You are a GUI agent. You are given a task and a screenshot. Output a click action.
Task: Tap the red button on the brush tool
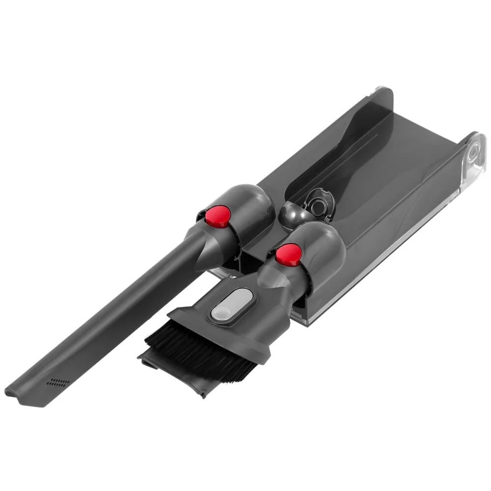point(288,253)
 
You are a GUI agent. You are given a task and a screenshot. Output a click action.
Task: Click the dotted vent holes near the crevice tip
point(56,382)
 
